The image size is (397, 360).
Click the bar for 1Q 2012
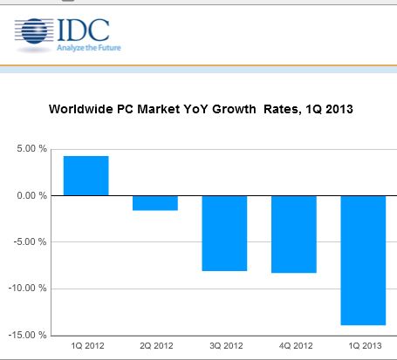86,176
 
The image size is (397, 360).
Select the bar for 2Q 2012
155,203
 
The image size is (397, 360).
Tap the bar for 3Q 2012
224,234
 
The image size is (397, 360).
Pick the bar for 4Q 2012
294,234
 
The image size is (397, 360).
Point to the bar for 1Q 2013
363,261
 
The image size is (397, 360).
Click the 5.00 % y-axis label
31,149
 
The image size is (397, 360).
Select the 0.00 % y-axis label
31,195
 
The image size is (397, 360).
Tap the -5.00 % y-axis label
30,241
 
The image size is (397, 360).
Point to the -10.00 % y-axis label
28,289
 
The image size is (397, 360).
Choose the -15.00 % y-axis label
28,335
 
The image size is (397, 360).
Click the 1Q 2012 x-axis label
87,346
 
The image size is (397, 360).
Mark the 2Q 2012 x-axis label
156,346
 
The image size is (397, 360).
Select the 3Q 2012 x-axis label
226,346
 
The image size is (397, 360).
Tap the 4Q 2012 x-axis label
296,346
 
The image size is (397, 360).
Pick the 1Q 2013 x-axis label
365,346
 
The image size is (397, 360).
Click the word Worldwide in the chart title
81,109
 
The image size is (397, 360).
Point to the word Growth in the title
234,109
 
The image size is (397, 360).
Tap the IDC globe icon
34,31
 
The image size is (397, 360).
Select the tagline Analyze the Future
89,48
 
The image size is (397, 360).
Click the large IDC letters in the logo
84,30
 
